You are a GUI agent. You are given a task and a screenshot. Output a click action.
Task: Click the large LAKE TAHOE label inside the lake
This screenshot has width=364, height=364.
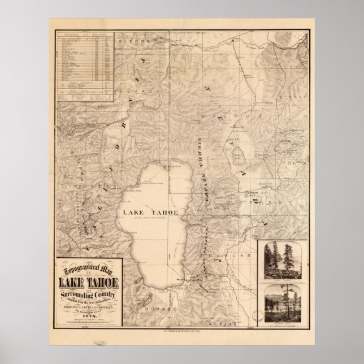pyautogui.click(x=150, y=211)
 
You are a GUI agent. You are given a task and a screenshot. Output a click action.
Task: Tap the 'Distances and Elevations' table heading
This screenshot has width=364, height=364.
pyautogui.click(x=85, y=35)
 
